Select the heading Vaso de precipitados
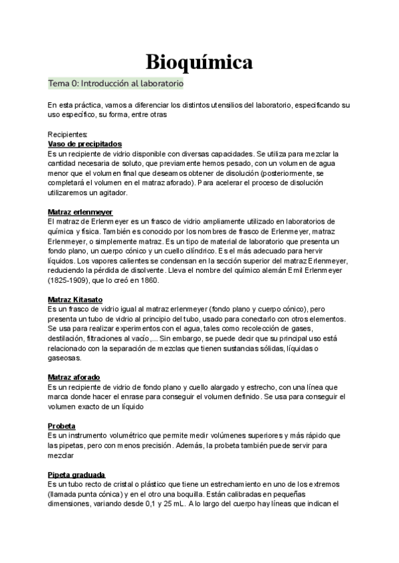(x=85, y=143)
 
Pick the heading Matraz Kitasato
(x=75, y=299)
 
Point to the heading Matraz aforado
(x=74, y=377)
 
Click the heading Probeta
(x=61, y=426)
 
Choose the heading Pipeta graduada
(x=76, y=475)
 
